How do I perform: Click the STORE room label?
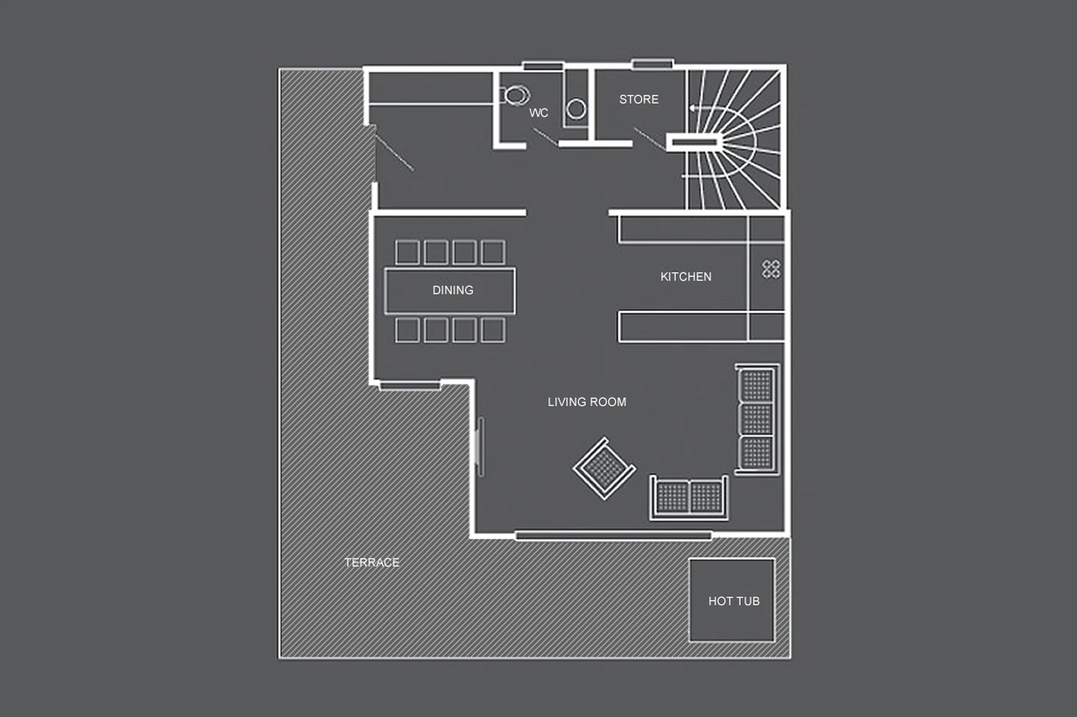coord(639,99)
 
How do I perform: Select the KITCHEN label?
coord(686,277)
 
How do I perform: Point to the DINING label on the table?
coord(453,290)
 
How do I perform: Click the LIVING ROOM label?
coord(587,402)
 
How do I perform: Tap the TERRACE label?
coord(372,562)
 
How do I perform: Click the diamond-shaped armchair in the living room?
coord(604,468)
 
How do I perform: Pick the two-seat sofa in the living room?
coord(689,498)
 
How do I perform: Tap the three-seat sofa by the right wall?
coord(757,419)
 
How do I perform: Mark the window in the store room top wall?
coord(652,64)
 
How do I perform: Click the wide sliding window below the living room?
coord(613,535)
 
